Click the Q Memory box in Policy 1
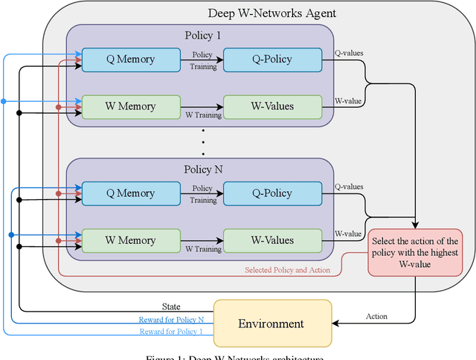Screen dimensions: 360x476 click(x=131, y=60)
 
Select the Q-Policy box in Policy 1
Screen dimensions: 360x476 click(x=272, y=60)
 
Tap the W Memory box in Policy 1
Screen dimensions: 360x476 click(x=131, y=106)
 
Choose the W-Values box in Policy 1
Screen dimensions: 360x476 click(x=272, y=106)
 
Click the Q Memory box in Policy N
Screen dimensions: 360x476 click(x=131, y=193)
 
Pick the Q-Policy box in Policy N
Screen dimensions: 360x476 click(x=272, y=193)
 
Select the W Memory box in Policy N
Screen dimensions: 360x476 click(x=131, y=240)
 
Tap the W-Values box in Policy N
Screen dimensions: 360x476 click(x=272, y=240)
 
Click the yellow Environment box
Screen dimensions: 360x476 click(x=272, y=324)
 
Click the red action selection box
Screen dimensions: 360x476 click(x=415, y=254)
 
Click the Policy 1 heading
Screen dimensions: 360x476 click(x=203, y=36)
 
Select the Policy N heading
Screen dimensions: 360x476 click(x=203, y=170)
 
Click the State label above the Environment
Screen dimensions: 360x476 click(x=172, y=306)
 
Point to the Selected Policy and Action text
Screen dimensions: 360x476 click(x=287, y=270)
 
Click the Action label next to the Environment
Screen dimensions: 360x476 click(x=376, y=316)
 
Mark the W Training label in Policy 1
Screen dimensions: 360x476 click(x=203, y=115)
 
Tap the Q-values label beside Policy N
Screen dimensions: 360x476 click(x=349, y=187)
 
